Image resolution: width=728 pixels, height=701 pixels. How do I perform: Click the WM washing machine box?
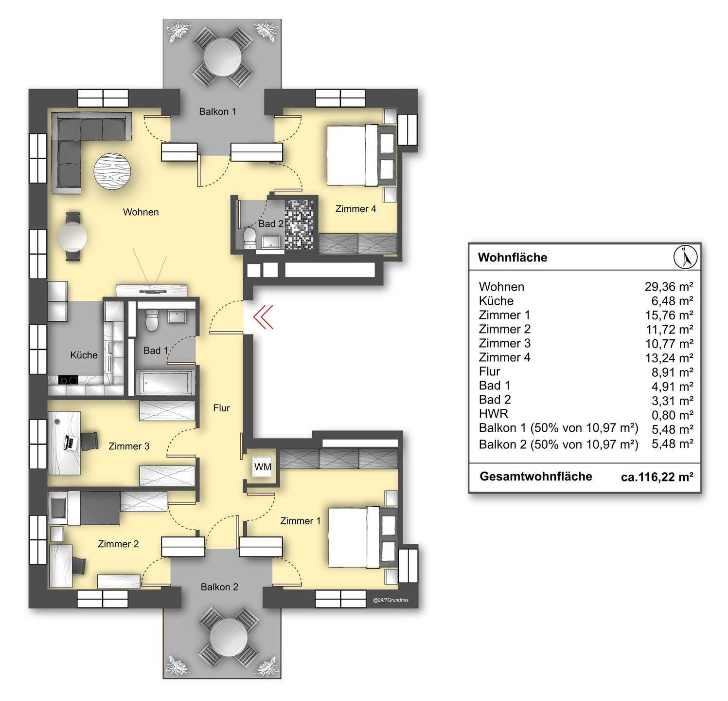point(263,467)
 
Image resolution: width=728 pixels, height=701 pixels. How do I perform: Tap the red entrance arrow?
point(263,317)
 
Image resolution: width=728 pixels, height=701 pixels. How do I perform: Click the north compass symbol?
point(685,257)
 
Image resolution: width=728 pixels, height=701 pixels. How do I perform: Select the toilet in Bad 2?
point(250,239)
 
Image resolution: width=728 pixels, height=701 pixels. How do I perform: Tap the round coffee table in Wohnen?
point(113,170)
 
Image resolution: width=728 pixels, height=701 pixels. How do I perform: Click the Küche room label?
point(84,355)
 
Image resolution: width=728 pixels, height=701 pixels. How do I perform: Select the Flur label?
point(221,408)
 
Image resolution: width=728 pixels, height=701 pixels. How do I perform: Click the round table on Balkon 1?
point(223,55)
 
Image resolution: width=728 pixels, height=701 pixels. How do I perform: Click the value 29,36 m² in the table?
point(669,286)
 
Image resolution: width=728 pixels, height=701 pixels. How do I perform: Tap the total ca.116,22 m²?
point(657,477)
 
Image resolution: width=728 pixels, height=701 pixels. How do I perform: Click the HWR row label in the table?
point(494,414)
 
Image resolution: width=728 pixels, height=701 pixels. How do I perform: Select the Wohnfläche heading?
point(513,257)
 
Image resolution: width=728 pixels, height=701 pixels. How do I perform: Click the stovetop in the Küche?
point(69,380)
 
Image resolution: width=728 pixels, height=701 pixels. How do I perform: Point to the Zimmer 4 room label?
point(355,209)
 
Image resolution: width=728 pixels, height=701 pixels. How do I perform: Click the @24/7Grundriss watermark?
point(391,600)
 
